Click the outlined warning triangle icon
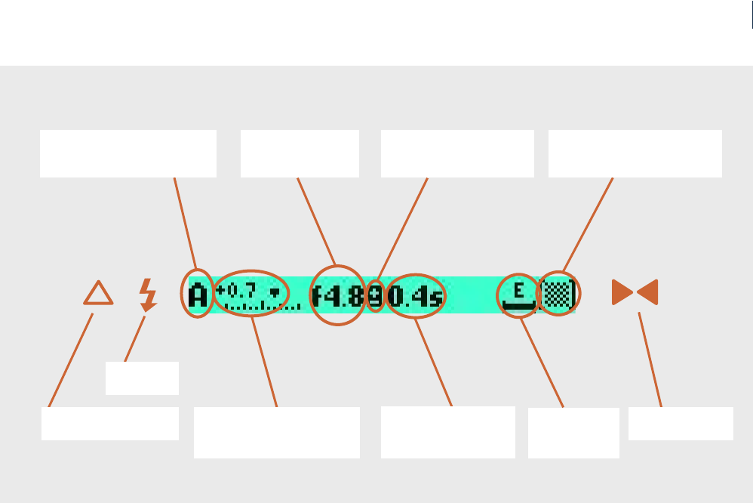tap(98, 294)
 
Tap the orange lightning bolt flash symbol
tap(148, 295)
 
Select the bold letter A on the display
tap(198, 295)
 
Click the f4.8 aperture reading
tap(338, 295)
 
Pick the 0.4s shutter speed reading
tap(415, 295)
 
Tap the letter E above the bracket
tap(518, 290)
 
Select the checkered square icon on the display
tap(558, 294)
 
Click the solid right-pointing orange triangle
tap(622, 292)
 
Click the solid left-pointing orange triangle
tap(647, 292)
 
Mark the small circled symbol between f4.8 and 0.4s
tap(375, 295)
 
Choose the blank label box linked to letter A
tap(128, 153)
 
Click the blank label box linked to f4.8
tap(300, 153)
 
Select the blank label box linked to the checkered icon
tap(635, 153)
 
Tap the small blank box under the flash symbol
tap(142, 378)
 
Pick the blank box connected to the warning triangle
tap(109, 424)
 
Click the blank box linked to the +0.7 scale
tap(276, 432)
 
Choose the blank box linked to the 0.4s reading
tap(447, 432)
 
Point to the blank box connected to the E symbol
tap(573, 433)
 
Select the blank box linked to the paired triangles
tap(681, 424)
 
